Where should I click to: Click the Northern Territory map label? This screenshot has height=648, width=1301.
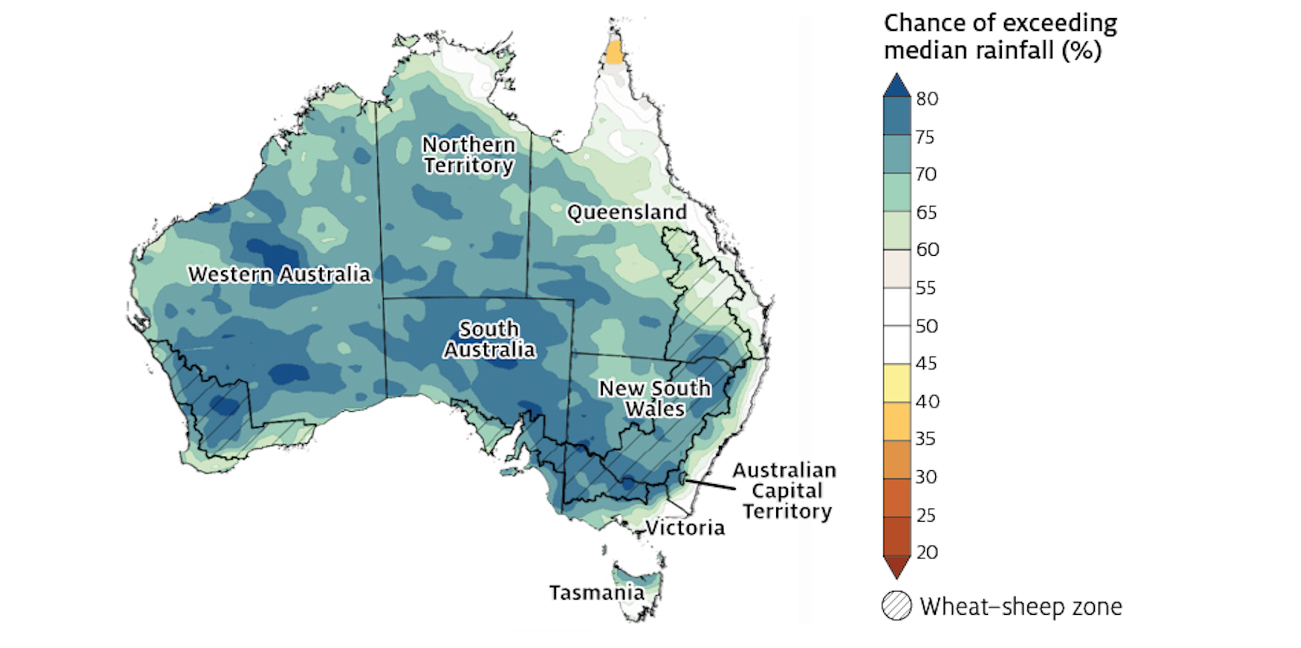[469, 155]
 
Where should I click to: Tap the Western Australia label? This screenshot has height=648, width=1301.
[280, 275]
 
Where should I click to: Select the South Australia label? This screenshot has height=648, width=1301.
[489, 340]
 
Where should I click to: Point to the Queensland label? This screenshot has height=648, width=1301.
[627, 212]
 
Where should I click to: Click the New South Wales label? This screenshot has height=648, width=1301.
[655, 398]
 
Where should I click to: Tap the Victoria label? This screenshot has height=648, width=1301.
[684, 528]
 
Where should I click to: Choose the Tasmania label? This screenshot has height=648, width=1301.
[596, 593]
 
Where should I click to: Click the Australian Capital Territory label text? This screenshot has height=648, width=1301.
[786, 491]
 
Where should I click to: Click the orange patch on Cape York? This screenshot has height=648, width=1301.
[614, 53]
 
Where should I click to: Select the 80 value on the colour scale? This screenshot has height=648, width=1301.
[927, 99]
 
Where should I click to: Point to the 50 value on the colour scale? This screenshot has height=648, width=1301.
[927, 326]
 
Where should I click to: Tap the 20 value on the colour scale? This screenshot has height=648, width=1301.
[927, 553]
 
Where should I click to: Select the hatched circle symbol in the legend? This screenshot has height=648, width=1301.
[897, 606]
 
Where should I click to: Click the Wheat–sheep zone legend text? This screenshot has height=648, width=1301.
[1021, 607]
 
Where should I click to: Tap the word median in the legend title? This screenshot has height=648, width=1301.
[927, 51]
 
